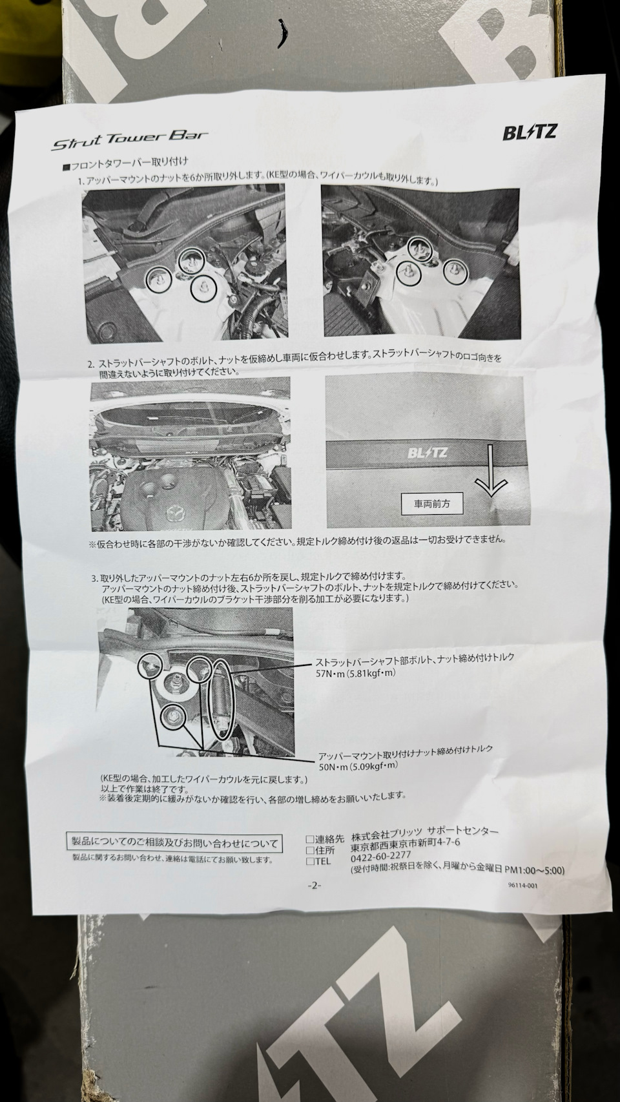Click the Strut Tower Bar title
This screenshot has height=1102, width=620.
130,141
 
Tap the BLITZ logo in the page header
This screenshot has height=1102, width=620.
530,132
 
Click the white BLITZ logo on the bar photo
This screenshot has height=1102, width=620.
428,452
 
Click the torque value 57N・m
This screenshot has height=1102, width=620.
332,674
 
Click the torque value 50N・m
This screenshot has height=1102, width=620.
335,766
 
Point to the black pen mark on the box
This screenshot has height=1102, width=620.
284,34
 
